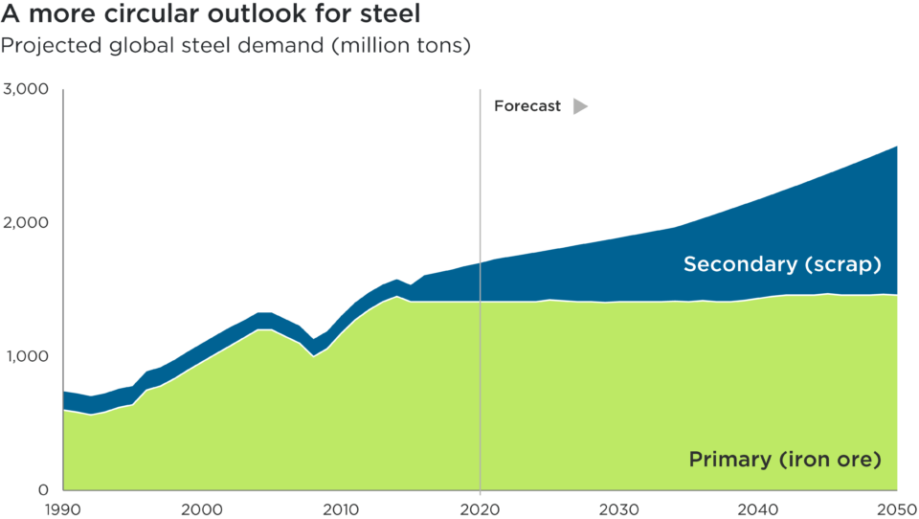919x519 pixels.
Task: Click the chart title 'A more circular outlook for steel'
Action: tap(211, 15)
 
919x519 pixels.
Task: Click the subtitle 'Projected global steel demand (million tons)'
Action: tap(235, 45)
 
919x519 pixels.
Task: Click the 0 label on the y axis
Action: tap(42, 489)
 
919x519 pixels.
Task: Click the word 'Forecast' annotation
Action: tap(527, 107)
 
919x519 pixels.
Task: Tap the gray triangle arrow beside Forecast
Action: tap(579, 107)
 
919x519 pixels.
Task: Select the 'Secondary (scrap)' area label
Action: tap(781, 264)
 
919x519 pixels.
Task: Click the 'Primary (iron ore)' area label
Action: tap(784, 460)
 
